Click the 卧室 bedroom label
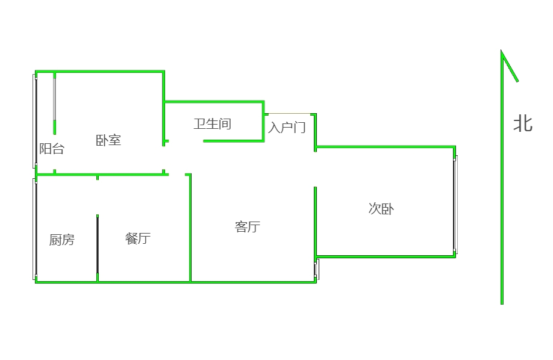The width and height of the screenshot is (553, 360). (x=108, y=140)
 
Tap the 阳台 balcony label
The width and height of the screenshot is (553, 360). (x=51, y=149)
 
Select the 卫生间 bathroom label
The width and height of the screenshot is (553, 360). (x=212, y=124)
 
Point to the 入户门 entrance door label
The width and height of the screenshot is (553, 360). (x=287, y=128)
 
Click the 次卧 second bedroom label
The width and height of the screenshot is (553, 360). (x=381, y=209)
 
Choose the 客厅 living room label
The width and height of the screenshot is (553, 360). (x=247, y=227)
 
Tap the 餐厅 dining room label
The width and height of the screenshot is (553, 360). (x=137, y=238)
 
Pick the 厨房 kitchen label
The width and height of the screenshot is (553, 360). (x=61, y=240)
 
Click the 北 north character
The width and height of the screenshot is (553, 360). (x=522, y=123)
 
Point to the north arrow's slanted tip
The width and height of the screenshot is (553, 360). (x=510, y=67)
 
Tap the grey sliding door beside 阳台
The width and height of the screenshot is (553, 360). (x=55, y=99)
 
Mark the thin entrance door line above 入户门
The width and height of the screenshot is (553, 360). (x=289, y=114)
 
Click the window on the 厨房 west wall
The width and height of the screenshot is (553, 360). (x=35, y=229)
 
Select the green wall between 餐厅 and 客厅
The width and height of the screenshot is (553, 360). (x=190, y=229)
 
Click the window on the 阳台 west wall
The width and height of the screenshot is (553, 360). (x=34, y=120)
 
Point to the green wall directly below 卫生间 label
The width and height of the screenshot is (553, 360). (x=234, y=141)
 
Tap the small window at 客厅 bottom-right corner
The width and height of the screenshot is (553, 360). (x=316, y=269)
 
